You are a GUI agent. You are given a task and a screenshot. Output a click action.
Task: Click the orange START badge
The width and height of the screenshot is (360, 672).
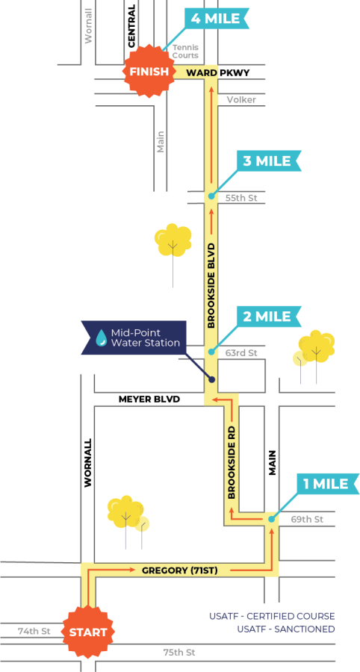(88, 632)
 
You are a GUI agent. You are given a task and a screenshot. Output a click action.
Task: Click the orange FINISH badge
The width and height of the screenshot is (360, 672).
(149, 72)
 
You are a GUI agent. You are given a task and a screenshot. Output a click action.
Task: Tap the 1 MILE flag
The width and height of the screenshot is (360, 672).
(326, 485)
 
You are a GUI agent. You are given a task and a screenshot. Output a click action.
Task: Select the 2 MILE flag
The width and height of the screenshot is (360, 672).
(269, 317)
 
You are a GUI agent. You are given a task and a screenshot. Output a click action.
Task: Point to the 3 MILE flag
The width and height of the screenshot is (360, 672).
(269, 161)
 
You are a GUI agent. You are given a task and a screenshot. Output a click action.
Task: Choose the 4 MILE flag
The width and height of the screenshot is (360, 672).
(217, 19)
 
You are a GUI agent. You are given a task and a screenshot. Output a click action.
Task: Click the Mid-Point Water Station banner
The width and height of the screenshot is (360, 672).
(134, 337)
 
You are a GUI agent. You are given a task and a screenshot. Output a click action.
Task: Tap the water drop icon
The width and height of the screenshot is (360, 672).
(102, 337)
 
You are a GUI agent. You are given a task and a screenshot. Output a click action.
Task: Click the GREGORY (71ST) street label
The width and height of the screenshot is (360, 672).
(179, 570)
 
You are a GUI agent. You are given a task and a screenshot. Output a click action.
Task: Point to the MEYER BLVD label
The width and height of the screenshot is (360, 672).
(149, 399)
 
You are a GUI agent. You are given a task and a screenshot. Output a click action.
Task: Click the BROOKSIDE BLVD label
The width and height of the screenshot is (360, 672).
(211, 286)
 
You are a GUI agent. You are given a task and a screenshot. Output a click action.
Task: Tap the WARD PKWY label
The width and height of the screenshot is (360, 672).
(217, 73)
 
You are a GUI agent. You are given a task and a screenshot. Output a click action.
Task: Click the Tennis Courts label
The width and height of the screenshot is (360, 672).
(185, 52)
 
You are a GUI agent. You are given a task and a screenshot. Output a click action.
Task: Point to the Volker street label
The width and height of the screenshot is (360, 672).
(241, 100)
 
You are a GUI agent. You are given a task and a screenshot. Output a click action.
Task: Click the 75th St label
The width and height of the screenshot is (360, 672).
(179, 653)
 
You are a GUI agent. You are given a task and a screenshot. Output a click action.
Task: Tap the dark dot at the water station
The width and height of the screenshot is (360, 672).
(211, 379)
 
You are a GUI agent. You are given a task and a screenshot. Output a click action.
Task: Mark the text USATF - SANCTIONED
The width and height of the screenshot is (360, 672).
(286, 629)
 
